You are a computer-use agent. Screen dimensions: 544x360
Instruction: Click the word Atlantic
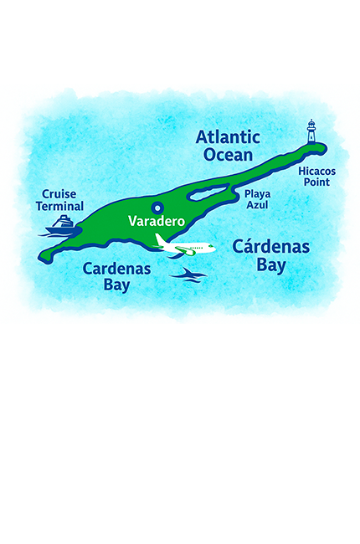[x=227, y=137]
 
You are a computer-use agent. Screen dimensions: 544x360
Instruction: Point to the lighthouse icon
[x=311, y=132]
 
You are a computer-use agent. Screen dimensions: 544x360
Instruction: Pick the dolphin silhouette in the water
[x=189, y=275]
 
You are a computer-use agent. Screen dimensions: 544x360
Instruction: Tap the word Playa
[x=257, y=193]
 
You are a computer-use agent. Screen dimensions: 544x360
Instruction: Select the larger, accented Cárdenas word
[x=271, y=247]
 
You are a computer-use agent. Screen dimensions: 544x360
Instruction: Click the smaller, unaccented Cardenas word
[x=116, y=269]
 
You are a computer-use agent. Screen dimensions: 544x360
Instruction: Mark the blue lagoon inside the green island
[x=212, y=195]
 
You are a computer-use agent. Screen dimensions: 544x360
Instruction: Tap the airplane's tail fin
[x=160, y=240]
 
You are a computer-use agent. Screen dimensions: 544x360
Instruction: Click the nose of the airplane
[x=213, y=249]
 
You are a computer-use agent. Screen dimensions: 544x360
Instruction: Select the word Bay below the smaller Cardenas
[x=117, y=285]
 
